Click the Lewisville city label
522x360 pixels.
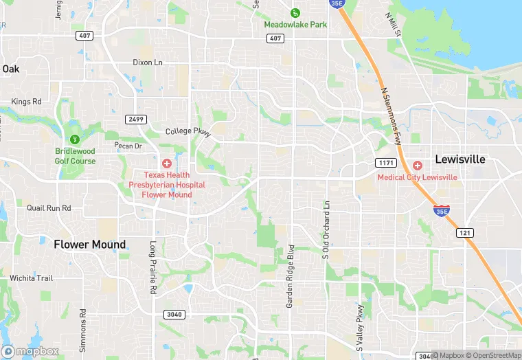tap(459, 159)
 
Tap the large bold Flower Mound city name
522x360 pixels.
tap(90, 245)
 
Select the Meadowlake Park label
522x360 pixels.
tap(295, 25)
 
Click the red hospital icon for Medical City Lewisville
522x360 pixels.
tap(417, 166)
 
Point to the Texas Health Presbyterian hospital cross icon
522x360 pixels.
tap(166, 163)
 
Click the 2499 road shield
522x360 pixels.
tap(135, 120)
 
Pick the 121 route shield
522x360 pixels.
tap(465, 233)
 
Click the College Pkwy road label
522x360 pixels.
tap(186, 131)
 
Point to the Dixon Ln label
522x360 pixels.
tap(148, 63)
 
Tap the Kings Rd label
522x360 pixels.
tap(26, 102)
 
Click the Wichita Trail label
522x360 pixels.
tap(31, 278)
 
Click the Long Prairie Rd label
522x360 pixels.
tap(153, 268)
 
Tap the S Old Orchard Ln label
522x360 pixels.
tap(326, 229)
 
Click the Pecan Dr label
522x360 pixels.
tap(128, 146)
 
